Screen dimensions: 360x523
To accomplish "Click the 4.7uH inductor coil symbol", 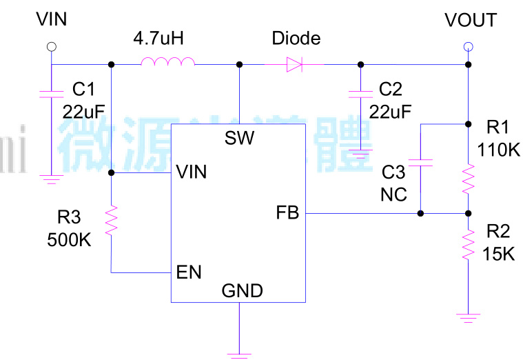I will [x=167, y=63].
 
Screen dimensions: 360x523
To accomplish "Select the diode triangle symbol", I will [x=294, y=65].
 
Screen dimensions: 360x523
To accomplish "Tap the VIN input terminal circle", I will [x=50, y=47].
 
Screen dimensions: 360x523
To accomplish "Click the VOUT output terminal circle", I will [x=468, y=47].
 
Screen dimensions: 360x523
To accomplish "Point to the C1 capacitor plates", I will [x=50, y=94].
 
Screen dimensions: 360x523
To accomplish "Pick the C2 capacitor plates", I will [x=358, y=94].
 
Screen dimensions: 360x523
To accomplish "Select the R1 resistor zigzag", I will [x=468, y=179].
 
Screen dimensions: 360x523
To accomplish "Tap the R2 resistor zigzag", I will [x=468, y=245].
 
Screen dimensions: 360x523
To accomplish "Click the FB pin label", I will [x=287, y=213].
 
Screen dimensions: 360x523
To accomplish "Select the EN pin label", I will [x=189, y=272].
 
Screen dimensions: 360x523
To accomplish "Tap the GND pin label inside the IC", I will [x=242, y=291].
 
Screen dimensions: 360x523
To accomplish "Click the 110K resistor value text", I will [x=498, y=149].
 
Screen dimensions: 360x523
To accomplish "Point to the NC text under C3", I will [x=393, y=194].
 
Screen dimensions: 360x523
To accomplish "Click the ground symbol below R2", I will [x=468, y=317].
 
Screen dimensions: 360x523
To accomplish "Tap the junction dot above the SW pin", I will [x=239, y=65].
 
